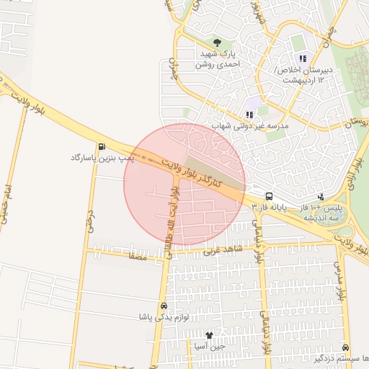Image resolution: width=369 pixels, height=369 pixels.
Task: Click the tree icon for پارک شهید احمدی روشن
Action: pos(218,43)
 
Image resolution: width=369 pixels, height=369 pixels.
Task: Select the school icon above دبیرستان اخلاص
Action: pos(303,58)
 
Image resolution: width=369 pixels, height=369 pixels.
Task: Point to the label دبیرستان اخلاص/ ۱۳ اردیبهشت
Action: pos(303,74)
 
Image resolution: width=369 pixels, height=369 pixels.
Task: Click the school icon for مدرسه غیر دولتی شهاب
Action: pos(249,115)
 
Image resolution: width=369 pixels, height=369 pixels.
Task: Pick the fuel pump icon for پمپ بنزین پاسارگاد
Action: pos(102,146)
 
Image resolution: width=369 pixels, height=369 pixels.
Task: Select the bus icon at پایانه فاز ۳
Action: pos(270,196)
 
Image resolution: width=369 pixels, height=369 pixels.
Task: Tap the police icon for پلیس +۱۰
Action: pos(321,196)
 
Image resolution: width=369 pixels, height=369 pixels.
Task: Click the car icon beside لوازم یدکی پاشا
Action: pos(164,306)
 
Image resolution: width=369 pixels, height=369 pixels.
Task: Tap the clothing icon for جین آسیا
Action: pos(210,335)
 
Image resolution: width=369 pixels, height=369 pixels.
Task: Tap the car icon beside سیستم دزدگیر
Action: pos(345,347)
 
